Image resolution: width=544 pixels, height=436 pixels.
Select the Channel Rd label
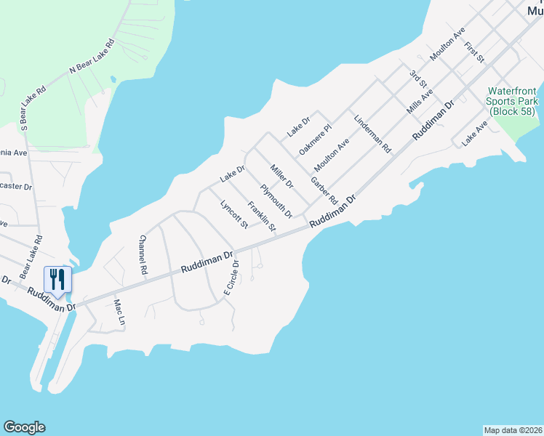[143, 254]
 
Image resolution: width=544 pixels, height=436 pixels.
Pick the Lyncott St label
[234, 212]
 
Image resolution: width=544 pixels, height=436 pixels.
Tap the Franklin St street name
[262, 217]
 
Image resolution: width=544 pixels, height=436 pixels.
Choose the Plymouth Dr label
[276, 201]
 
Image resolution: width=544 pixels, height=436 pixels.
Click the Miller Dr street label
[281, 177]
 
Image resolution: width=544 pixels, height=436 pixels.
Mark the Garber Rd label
[324, 190]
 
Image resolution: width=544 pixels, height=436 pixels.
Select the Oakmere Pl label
[315, 139]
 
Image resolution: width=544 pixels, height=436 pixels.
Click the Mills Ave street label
[420, 100]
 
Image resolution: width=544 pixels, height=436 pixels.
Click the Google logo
[24, 427]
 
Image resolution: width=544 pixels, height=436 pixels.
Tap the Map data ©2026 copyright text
[513, 429]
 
